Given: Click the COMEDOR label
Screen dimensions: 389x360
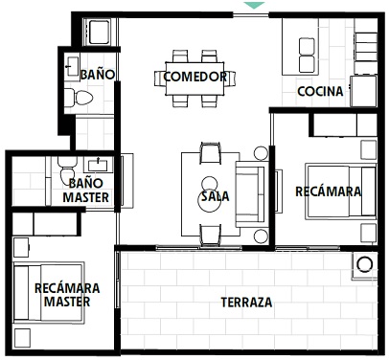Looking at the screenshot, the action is [195, 77].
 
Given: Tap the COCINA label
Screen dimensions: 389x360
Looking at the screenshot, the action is [320, 92].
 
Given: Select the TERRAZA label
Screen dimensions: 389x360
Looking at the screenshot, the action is [246, 302].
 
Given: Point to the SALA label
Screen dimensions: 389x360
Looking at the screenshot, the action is [215, 196].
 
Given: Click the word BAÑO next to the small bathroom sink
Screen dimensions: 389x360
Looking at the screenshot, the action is [98, 75].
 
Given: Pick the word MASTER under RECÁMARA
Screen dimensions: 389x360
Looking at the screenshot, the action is [67, 302].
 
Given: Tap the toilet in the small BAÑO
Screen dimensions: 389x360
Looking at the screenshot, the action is [79, 98].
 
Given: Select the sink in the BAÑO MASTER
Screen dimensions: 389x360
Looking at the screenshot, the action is [98, 165].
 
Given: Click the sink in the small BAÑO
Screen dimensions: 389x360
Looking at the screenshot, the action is [72, 66].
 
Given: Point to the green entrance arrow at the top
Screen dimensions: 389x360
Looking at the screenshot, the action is [254, 6].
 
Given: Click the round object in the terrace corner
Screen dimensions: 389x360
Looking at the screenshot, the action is [364, 265].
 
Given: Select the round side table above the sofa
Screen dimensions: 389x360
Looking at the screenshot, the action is [261, 153].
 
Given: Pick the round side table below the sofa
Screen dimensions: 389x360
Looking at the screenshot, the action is [261, 236].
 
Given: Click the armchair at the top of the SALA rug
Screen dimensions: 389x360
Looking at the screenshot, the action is [211, 153].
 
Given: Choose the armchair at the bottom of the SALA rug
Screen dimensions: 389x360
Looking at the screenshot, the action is [211, 236].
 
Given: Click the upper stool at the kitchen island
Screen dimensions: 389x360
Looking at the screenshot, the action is [307, 47].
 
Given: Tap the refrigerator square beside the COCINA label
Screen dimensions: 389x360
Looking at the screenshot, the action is [364, 91].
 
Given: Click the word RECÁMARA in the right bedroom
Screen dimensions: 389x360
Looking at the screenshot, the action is [329, 191].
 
